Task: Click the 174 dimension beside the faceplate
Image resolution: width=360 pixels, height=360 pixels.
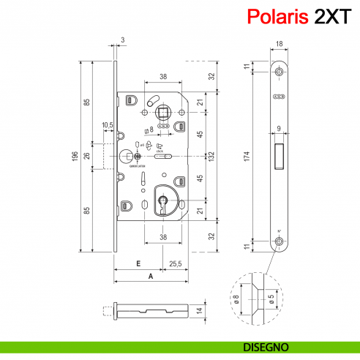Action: point(249,155)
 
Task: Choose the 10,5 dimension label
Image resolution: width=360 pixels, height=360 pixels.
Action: point(107,125)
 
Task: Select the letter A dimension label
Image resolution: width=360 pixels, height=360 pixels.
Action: point(151,276)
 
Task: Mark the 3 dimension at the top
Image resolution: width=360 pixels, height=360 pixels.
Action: point(122,40)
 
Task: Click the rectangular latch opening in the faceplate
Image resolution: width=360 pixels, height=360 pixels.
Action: point(280,155)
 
